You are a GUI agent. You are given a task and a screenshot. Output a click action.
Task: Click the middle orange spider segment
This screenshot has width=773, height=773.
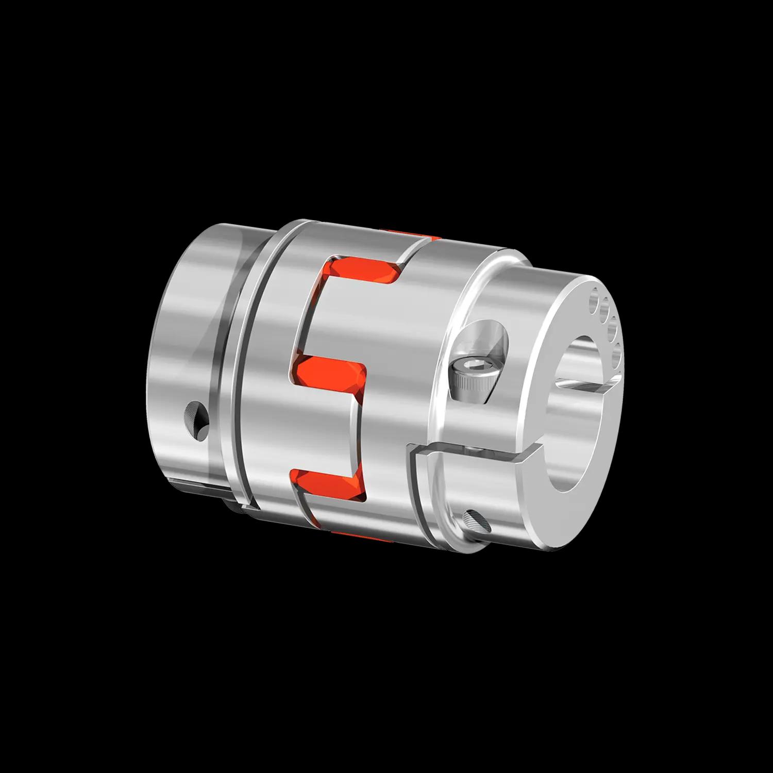coord(330,375)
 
